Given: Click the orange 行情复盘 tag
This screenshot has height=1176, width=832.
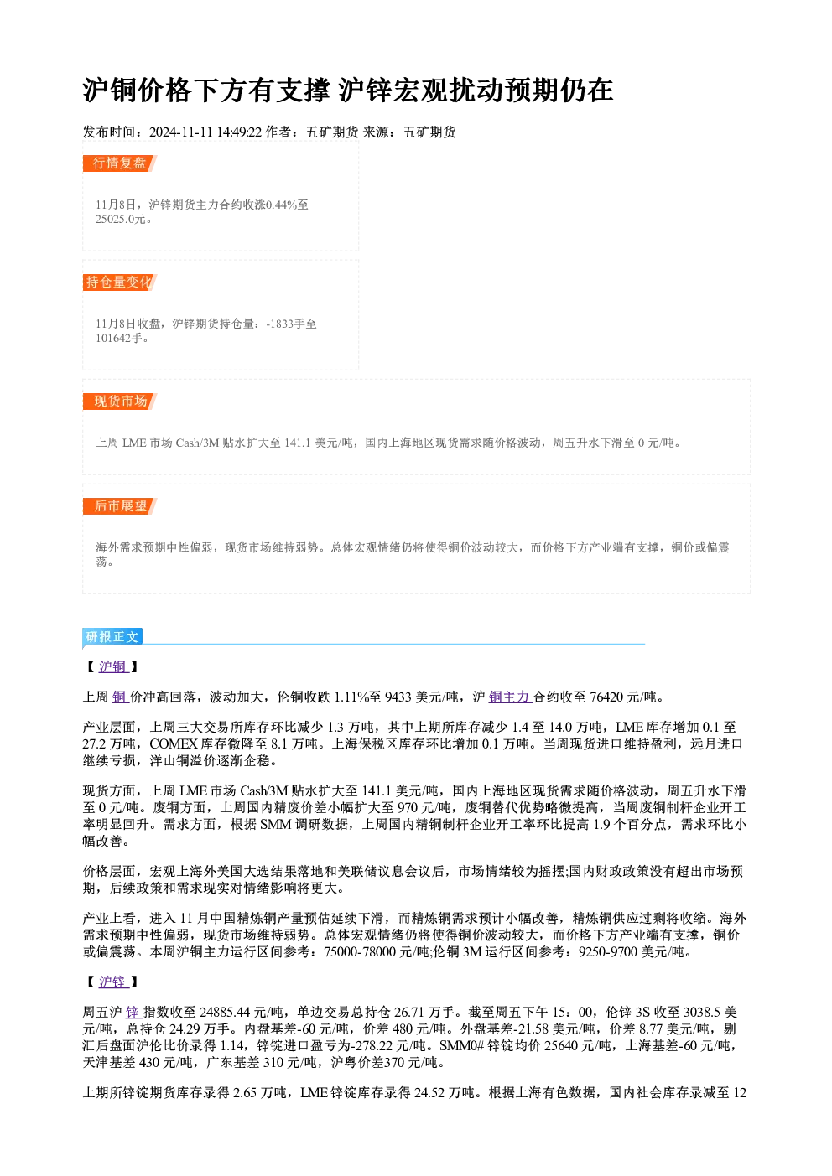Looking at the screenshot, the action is click(x=120, y=163).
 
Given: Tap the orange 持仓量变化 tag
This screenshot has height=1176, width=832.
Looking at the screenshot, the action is click(x=120, y=282).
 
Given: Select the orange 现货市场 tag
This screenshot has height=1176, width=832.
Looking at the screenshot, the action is click(x=120, y=401).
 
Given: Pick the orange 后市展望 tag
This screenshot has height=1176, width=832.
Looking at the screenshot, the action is click(x=120, y=506).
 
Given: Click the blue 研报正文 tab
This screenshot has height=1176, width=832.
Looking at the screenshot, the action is click(x=112, y=637).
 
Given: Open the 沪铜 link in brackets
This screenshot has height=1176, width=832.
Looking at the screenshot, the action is click(x=113, y=666).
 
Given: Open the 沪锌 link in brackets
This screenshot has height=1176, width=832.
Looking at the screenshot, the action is click(x=113, y=982).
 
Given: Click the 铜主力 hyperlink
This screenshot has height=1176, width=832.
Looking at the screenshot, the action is click(x=509, y=697).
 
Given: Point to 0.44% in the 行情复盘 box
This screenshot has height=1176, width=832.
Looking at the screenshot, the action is click(x=282, y=205).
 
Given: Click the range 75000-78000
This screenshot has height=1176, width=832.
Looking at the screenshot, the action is click(x=360, y=952).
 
